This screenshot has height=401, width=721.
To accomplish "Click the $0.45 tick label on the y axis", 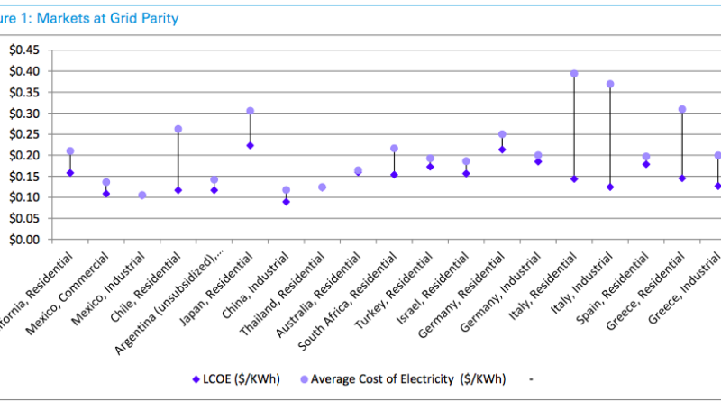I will tap(24, 50).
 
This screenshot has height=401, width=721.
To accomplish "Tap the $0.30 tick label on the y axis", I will tap(24, 113).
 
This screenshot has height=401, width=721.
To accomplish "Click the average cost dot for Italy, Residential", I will tap(574, 74).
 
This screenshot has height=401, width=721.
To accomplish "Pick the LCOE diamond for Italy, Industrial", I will tap(610, 187).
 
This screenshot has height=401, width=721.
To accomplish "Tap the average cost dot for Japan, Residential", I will tap(250, 111).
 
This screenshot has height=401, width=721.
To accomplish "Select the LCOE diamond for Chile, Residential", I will tap(178, 190).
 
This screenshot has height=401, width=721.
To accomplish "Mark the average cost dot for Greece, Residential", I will tap(682, 109).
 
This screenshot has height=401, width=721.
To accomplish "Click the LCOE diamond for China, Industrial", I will tap(286, 202).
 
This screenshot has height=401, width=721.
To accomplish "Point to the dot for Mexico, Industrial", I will tap(141, 195).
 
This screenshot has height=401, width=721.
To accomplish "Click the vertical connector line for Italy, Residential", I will tap(574, 126).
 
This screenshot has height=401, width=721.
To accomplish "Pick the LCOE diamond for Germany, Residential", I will tap(502, 150).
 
